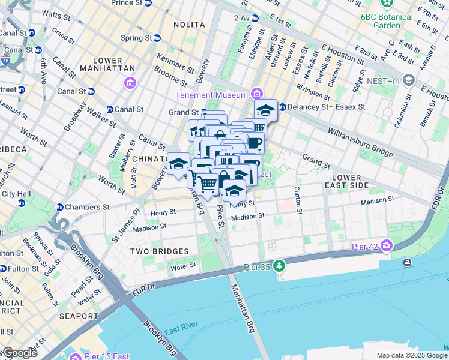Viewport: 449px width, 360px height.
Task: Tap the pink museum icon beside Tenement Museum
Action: point(258,94)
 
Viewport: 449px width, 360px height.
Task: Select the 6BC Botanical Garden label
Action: point(387,21)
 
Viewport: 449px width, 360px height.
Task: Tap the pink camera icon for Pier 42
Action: point(386,245)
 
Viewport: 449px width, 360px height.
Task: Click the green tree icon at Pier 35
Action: point(279,265)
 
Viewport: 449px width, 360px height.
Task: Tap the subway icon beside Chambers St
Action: point(60,207)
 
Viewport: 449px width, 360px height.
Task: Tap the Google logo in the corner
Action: point(19,353)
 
